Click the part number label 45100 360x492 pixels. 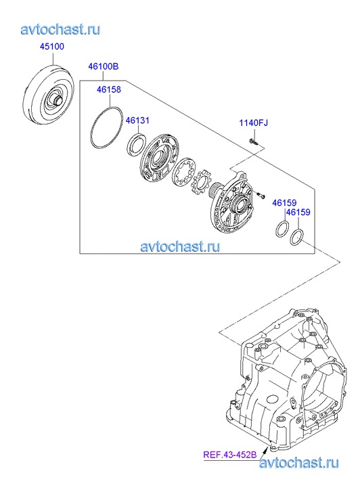click(52, 47)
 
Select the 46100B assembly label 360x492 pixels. click(104, 66)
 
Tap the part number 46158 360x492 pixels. click(108, 89)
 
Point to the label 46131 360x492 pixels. click(137, 120)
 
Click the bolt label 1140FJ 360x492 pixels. click(254, 122)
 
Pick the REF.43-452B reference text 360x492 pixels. click(230, 455)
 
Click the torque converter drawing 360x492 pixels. click(49, 95)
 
